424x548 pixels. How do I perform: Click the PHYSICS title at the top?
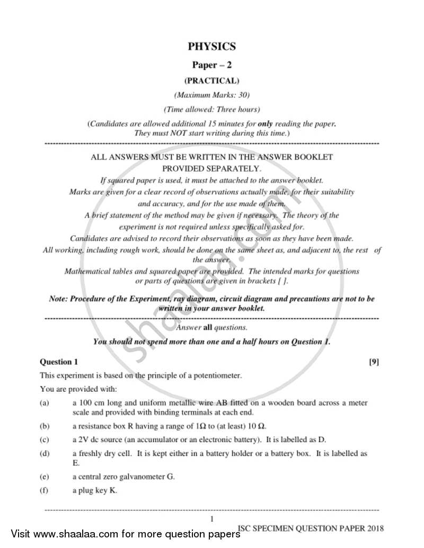click(x=211, y=47)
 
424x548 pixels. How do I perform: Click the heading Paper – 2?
click(x=211, y=65)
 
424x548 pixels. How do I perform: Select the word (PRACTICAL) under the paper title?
click(x=211, y=81)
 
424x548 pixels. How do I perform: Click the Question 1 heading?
click(x=59, y=362)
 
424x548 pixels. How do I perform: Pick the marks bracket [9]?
click(x=374, y=362)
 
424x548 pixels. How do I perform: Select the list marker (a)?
click(x=45, y=403)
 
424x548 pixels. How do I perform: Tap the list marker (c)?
click(x=45, y=439)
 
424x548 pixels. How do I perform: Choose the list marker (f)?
click(x=44, y=490)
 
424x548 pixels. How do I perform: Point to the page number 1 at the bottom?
click(x=211, y=519)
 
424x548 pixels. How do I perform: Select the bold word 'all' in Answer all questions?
click(x=208, y=328)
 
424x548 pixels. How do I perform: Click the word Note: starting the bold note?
click(x=58, y=299)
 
